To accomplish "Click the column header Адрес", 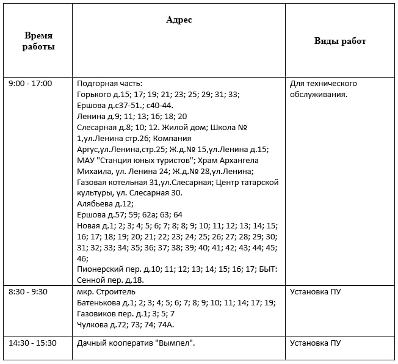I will click(179, 20).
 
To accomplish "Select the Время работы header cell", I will click(38, 42).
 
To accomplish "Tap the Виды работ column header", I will click(340, 41).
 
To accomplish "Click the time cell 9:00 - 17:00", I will click(31, 84).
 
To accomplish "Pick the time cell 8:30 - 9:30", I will click(28, 292).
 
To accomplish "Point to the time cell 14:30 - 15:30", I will click(32, 343).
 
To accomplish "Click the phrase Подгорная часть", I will click(109, 84).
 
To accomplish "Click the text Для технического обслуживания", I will click(323, 89).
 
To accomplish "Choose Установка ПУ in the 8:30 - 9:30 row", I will click(315, 292).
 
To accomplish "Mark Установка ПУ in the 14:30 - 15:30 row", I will click(315, 343).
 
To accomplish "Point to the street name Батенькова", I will click(98, 303).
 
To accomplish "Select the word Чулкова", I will click(92, 325).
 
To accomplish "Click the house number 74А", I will click(166, 325).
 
